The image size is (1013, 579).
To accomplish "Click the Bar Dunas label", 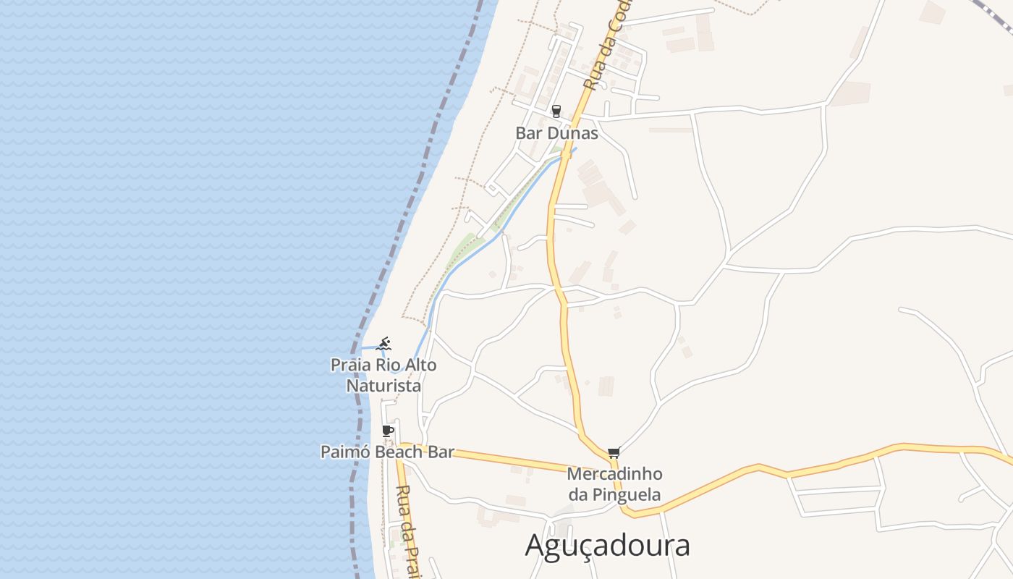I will (556, 133).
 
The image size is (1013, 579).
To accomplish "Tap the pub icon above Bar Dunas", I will (556, 111).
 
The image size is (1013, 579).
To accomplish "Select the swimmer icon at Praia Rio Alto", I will (383, 344).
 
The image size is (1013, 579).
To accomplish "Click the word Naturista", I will (383, 386).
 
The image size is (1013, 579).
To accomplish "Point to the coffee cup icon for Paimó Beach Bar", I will (388, 431).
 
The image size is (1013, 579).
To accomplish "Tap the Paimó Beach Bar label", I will (387, 452).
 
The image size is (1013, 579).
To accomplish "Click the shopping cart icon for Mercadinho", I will (614, 453).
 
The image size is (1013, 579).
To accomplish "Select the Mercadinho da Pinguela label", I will (614, 484).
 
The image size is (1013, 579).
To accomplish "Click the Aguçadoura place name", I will (607, 545).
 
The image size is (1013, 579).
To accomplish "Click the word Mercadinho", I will (614, 474).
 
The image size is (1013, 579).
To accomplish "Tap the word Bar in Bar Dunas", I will (526, 133).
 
